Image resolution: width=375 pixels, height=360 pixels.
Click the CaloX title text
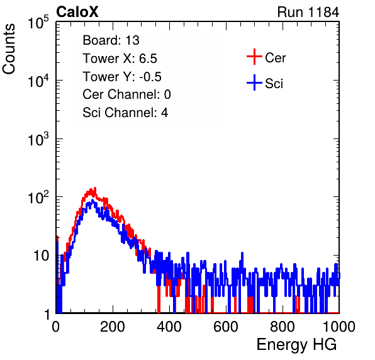pos(77,12)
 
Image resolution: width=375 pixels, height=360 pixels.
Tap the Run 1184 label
pos(308,12)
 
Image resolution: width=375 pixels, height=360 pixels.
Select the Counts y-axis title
pos(9,49)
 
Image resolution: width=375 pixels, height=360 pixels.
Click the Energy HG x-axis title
pos(296,345)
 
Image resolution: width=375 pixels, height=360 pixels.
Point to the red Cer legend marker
pos(254,57)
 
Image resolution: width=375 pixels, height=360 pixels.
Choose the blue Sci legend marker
pos(254,83)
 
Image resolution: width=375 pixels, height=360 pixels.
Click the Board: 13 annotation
pos(111,40)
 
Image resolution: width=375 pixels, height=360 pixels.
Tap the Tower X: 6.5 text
pos(120,59)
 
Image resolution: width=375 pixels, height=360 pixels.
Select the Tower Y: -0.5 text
pos(122,77)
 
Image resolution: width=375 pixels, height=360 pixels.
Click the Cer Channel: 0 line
pos(126,94)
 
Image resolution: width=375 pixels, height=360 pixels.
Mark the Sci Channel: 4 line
pos(125,113)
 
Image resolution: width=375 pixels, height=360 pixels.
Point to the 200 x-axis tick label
pos(113,327)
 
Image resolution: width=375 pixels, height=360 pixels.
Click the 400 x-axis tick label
pos(169,327)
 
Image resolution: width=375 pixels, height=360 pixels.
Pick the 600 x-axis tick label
pos(226,327)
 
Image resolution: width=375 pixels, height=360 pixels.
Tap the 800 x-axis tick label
pos(283,327)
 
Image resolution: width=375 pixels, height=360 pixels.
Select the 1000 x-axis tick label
pos(339,327)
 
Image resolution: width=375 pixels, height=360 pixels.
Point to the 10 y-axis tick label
pos(41,256)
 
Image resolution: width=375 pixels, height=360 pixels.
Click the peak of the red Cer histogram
pos(95,188)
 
